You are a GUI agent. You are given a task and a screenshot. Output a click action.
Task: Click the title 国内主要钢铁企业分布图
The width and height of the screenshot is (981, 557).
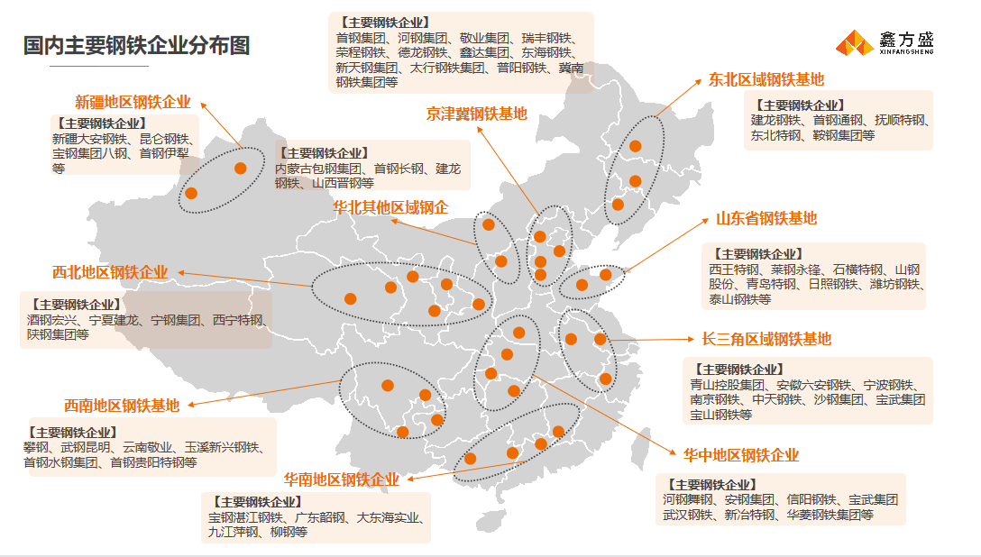(x=136, y=46)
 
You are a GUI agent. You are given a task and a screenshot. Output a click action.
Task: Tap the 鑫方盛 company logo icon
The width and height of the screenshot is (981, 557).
(x=853, y=42)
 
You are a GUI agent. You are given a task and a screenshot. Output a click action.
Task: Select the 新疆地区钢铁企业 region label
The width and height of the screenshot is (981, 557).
(x=133, y=102)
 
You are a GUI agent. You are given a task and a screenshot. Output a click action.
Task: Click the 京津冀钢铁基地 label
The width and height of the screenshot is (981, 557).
(x=476, y=114)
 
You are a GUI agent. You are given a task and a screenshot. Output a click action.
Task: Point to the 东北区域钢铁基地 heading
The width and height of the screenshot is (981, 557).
(x=766, y=79)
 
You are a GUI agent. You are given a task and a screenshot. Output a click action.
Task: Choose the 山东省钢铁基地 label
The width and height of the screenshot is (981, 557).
(x=766, y=218)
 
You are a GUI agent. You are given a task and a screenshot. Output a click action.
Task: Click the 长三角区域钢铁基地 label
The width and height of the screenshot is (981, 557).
(x=766, y=339)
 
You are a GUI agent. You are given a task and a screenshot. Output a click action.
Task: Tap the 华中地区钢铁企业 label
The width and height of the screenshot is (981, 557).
(x=740, y=455)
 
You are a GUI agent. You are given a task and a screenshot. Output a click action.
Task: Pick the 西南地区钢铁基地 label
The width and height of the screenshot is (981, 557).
(x=122, y=406)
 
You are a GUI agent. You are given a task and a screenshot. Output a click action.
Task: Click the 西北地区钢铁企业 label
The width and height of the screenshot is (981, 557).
(x=110, y=272)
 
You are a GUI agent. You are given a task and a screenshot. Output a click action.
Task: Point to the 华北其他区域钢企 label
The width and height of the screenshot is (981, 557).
(x=390, y=207)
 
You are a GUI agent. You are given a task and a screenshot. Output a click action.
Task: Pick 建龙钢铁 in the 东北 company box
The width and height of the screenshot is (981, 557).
(x=776, y=121)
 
